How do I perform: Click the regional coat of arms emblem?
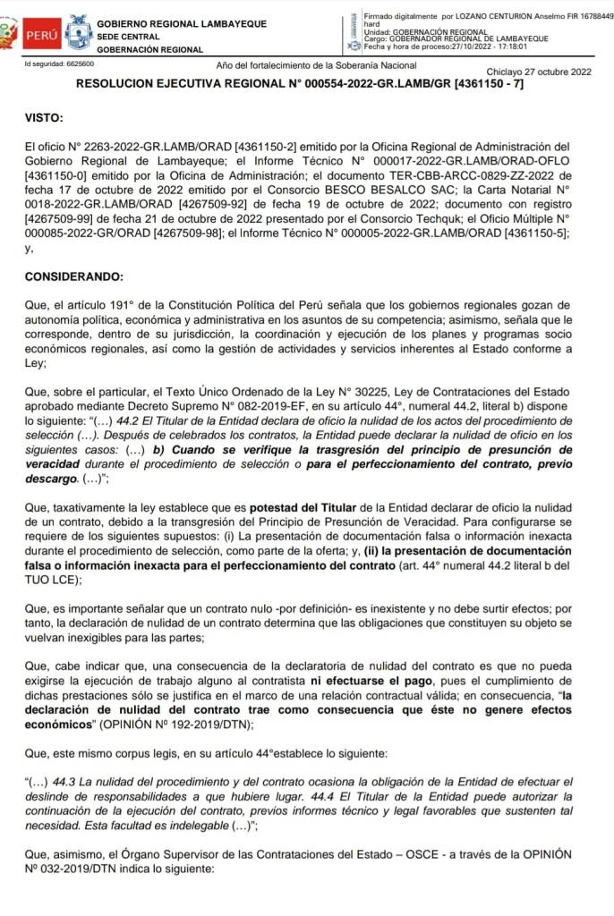point(79,35)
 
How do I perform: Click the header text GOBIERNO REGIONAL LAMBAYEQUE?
point(181,22)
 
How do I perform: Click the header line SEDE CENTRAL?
point(128,37)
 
